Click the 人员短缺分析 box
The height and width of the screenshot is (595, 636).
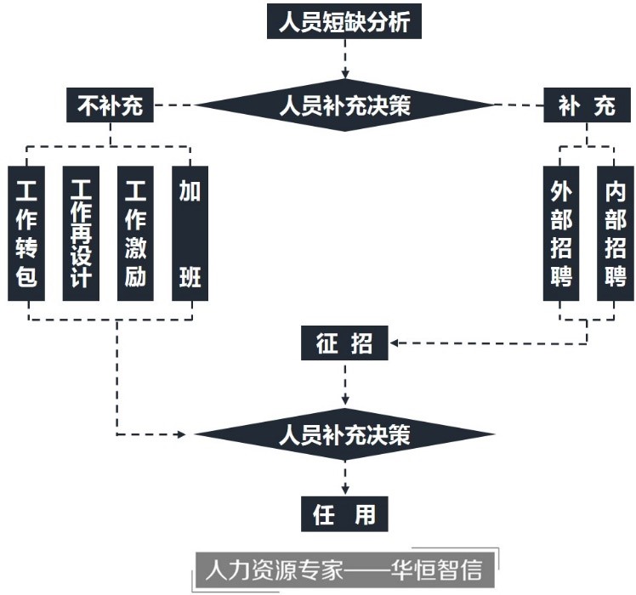pos(344,21)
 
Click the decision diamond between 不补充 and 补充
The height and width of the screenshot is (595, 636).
pos(344,106)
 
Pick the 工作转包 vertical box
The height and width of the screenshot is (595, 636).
pos(27,232)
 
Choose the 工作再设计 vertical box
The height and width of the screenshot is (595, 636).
pos(82,232)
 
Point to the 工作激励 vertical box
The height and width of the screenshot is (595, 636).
pos(136,232)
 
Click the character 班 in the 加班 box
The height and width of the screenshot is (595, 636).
pos(190,277)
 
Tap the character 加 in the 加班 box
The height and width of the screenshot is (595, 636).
pos(190,190)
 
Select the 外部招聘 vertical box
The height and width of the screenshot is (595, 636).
pos(561,232)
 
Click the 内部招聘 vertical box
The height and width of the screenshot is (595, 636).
pos(616,232)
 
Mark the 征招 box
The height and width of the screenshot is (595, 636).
pos(344,344)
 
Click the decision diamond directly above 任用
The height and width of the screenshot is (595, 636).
pos(344,435)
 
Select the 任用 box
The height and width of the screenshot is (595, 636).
pos(344,514)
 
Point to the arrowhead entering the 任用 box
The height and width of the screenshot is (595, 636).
pos(344,489)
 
